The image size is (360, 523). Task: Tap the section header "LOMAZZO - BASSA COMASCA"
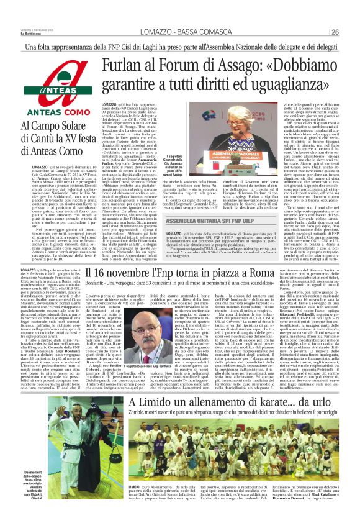(179, 32)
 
